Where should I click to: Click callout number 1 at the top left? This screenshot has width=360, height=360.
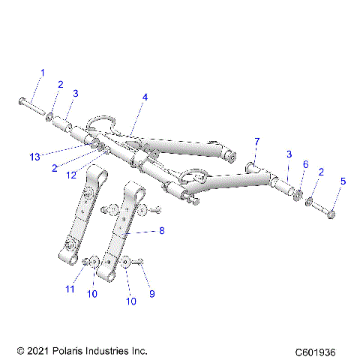tap(42, 73)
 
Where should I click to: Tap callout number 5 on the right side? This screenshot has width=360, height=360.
tap(343, 181)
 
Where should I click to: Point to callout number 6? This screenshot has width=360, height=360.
tap(305, 164)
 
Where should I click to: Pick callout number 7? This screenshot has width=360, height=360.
tap(256, 141)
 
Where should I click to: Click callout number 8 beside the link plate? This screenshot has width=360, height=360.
tap(162, 232)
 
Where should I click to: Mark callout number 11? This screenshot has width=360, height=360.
tap(70, 288)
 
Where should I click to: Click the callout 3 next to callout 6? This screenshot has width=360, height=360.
tap(288, 154)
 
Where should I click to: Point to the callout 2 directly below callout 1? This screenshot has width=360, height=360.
tap(61, 84)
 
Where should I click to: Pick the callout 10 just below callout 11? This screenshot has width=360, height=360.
tap(92, 294)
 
